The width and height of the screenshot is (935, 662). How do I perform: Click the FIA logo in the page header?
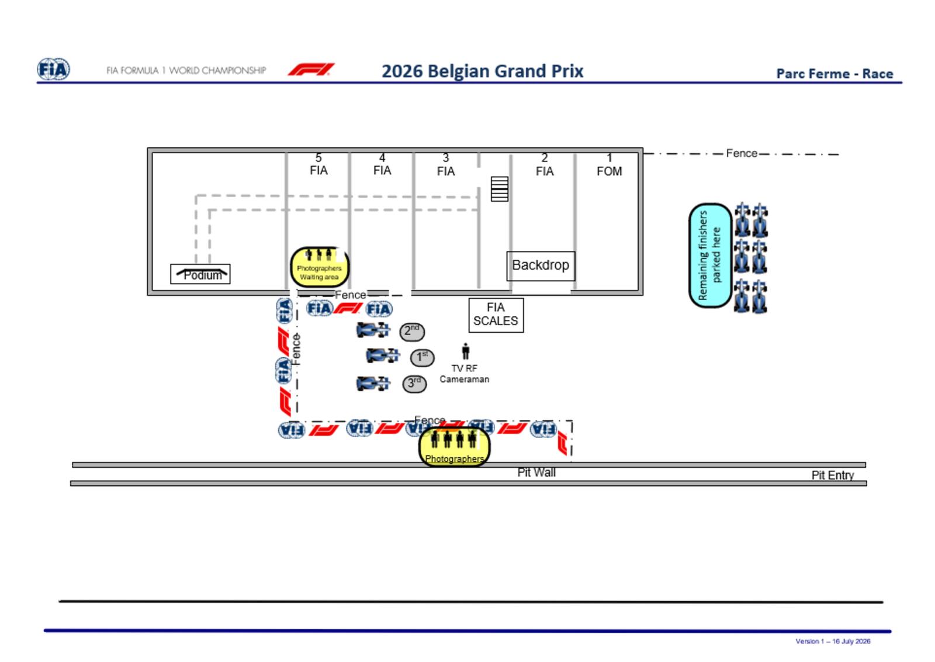(x=53, y=69)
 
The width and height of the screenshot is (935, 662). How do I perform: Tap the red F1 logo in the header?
(x=311, y=70)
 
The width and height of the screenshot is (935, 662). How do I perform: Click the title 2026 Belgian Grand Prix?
(x=482, y=71)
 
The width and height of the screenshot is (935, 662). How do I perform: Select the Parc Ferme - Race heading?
(x=834, y=74)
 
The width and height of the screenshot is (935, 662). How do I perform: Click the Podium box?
(x=200, y=274)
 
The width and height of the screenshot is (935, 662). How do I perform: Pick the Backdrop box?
(x=541, y=266)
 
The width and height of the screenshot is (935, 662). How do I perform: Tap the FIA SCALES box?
(x=496, y=315)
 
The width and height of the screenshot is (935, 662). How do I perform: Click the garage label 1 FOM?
(x=609, y=165)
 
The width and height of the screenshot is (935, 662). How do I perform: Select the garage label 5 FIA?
(x=318, y=164)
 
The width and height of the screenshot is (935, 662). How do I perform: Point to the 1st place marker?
(x=422, y=357)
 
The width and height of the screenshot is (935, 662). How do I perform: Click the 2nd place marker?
(x=412, y=331)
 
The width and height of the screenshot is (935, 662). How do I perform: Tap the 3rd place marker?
(x=414, y=384)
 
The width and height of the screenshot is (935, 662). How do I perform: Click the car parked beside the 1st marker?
(x=382, y=356)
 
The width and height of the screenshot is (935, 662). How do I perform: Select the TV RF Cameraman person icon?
(x=465, y=351)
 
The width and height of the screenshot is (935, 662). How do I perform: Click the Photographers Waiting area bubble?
(x=320, y=267)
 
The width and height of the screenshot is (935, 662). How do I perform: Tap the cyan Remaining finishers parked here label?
(x=710, y=256)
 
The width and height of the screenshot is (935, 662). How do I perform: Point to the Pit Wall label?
(x=536, y=473)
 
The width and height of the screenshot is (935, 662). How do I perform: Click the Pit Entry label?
(x=833, y=475)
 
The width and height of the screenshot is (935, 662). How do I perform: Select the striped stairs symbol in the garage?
(x=499, y=189)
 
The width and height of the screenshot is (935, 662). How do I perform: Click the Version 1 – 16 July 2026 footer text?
(x=833, y=641)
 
